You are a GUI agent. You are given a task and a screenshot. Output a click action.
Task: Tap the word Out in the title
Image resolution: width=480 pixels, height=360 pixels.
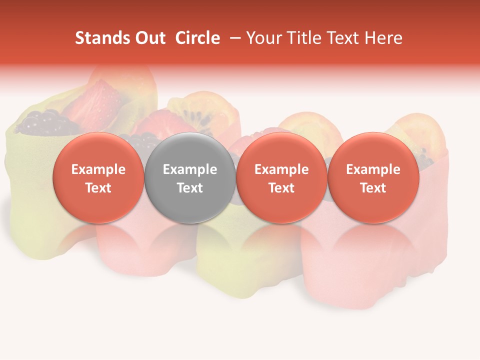tap(148, 38)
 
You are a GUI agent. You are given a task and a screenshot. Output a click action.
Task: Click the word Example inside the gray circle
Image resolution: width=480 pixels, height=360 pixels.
tap(190, 169)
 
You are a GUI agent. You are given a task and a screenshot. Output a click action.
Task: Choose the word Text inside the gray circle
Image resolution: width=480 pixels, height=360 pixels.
tap(190, 188)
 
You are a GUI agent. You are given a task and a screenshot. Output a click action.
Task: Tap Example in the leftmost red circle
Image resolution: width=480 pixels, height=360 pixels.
tap(98, 169)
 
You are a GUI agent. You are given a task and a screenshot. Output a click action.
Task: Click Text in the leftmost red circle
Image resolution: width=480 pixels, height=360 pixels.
tap(98, 188)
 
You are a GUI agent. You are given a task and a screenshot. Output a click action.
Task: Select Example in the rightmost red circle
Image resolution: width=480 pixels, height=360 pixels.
tap(373, 169)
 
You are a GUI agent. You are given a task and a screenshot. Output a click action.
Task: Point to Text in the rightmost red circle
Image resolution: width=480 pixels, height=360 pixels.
tap(373, 188)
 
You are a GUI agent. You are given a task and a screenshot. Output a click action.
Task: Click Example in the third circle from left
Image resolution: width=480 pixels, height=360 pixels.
tap(281, 169)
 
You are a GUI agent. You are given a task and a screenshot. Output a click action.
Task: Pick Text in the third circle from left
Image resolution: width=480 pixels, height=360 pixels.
tap(281, 188)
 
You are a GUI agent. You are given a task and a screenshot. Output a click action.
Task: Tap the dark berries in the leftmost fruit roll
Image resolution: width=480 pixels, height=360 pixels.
tap(42, 122)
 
